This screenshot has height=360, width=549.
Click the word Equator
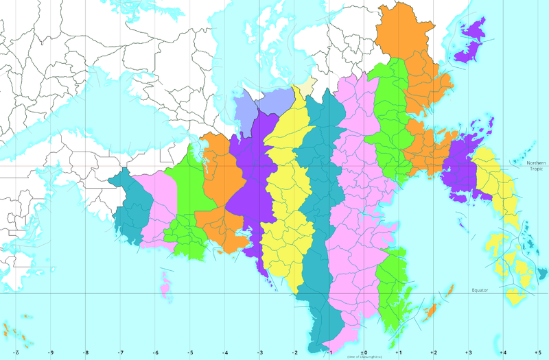(x=480, y=290)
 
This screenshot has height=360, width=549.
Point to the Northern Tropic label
(x=535, y=166)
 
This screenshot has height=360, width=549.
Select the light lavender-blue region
(x=254, y=108)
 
